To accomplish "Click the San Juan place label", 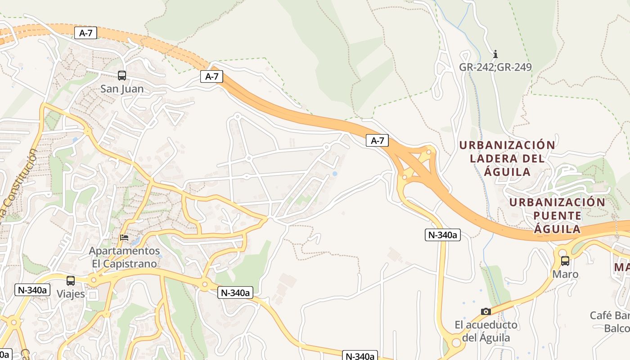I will click(122, 89).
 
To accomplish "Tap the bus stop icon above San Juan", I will click(122, 76).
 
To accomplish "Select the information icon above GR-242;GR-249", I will click(495, 54).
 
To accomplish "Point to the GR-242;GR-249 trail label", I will click(495, 67).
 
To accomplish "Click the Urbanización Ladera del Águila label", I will click(507, 158).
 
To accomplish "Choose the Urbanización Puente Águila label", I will click(557, 215).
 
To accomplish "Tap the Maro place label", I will click(565, 274).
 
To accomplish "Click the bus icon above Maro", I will click(565, 261).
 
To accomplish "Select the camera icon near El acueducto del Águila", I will click(486, 311).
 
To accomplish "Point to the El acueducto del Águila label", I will click(486, 331).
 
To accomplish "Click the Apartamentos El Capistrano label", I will click(125, 257).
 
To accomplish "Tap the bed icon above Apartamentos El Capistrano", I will click(125, 237).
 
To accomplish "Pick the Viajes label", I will click(71, 294).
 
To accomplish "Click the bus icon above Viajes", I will click(71, 281).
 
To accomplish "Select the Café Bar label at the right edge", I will click(610, 315).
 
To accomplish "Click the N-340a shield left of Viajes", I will click(32, 289).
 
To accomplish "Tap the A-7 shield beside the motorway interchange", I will click(377, 140).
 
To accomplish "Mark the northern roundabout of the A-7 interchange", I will click(428, 152).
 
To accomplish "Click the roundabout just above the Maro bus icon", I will click(562, 251).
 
